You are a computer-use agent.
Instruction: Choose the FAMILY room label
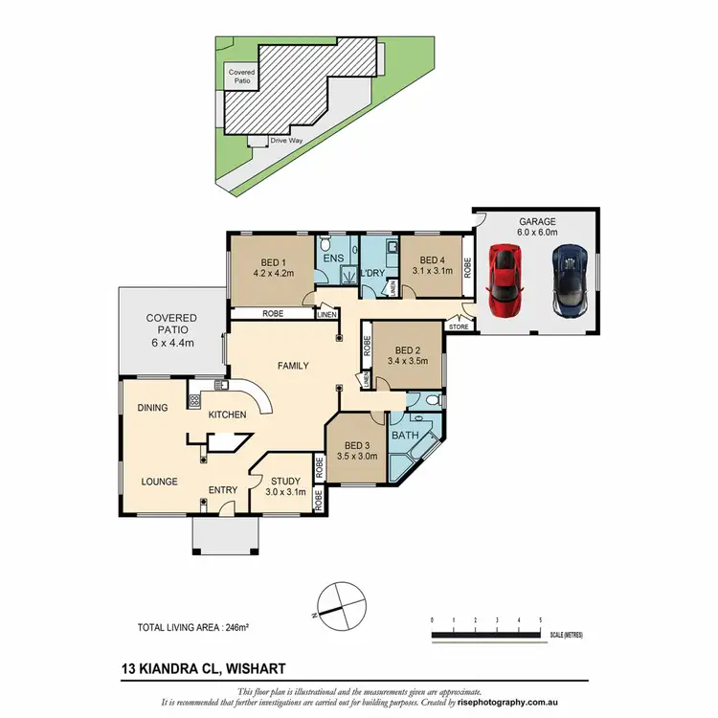294,366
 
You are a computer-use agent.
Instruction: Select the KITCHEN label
229,415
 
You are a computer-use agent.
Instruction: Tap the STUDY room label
285,481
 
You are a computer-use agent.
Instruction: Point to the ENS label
333,259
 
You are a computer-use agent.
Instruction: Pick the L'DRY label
371,274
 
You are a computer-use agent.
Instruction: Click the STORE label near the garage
460,327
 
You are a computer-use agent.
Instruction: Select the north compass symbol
339,603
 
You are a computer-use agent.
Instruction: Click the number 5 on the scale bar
541,621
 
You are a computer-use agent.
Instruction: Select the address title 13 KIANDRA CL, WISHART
203,668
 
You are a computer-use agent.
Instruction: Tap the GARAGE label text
538,220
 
